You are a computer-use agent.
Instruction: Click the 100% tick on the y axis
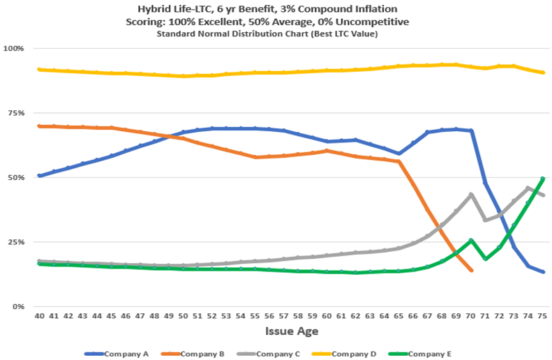(x=14, y=49)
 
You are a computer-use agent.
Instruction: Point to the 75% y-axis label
(x=15, y=113)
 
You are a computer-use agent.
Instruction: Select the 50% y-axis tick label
(x=15, y=177)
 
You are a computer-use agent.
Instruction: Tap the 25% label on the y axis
(x=15, y=242)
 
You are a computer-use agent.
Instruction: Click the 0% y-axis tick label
(x=17, y=306)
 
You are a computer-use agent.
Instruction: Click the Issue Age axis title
(x=291, y=330)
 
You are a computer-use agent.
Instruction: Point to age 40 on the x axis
(x=40, y=316)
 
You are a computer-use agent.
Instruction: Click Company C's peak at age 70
(x=471, y=195)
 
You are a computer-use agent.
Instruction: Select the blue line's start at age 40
(x=40, y=176)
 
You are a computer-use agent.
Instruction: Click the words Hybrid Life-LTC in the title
(x=241, y=9)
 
